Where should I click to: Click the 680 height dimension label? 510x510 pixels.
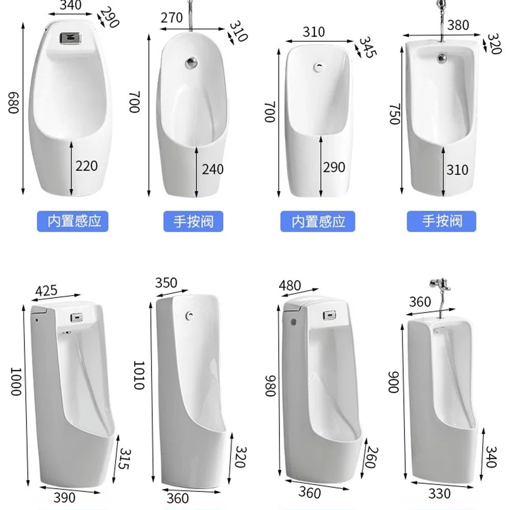tap(14, 103)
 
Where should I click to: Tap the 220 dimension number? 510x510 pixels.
tap(87, 166)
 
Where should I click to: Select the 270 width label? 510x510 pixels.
tap(171, 17)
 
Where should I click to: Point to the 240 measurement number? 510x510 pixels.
tap(213, 169)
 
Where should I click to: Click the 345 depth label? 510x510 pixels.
tap(368, 47)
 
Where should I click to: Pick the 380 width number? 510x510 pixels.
tap(458, 25)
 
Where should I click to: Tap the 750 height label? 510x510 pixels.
tap(395, 114)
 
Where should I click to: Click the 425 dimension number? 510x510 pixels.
tap(46, 291)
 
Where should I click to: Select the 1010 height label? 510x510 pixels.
tap(139, 375)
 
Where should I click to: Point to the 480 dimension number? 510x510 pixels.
tap(290, 286)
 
